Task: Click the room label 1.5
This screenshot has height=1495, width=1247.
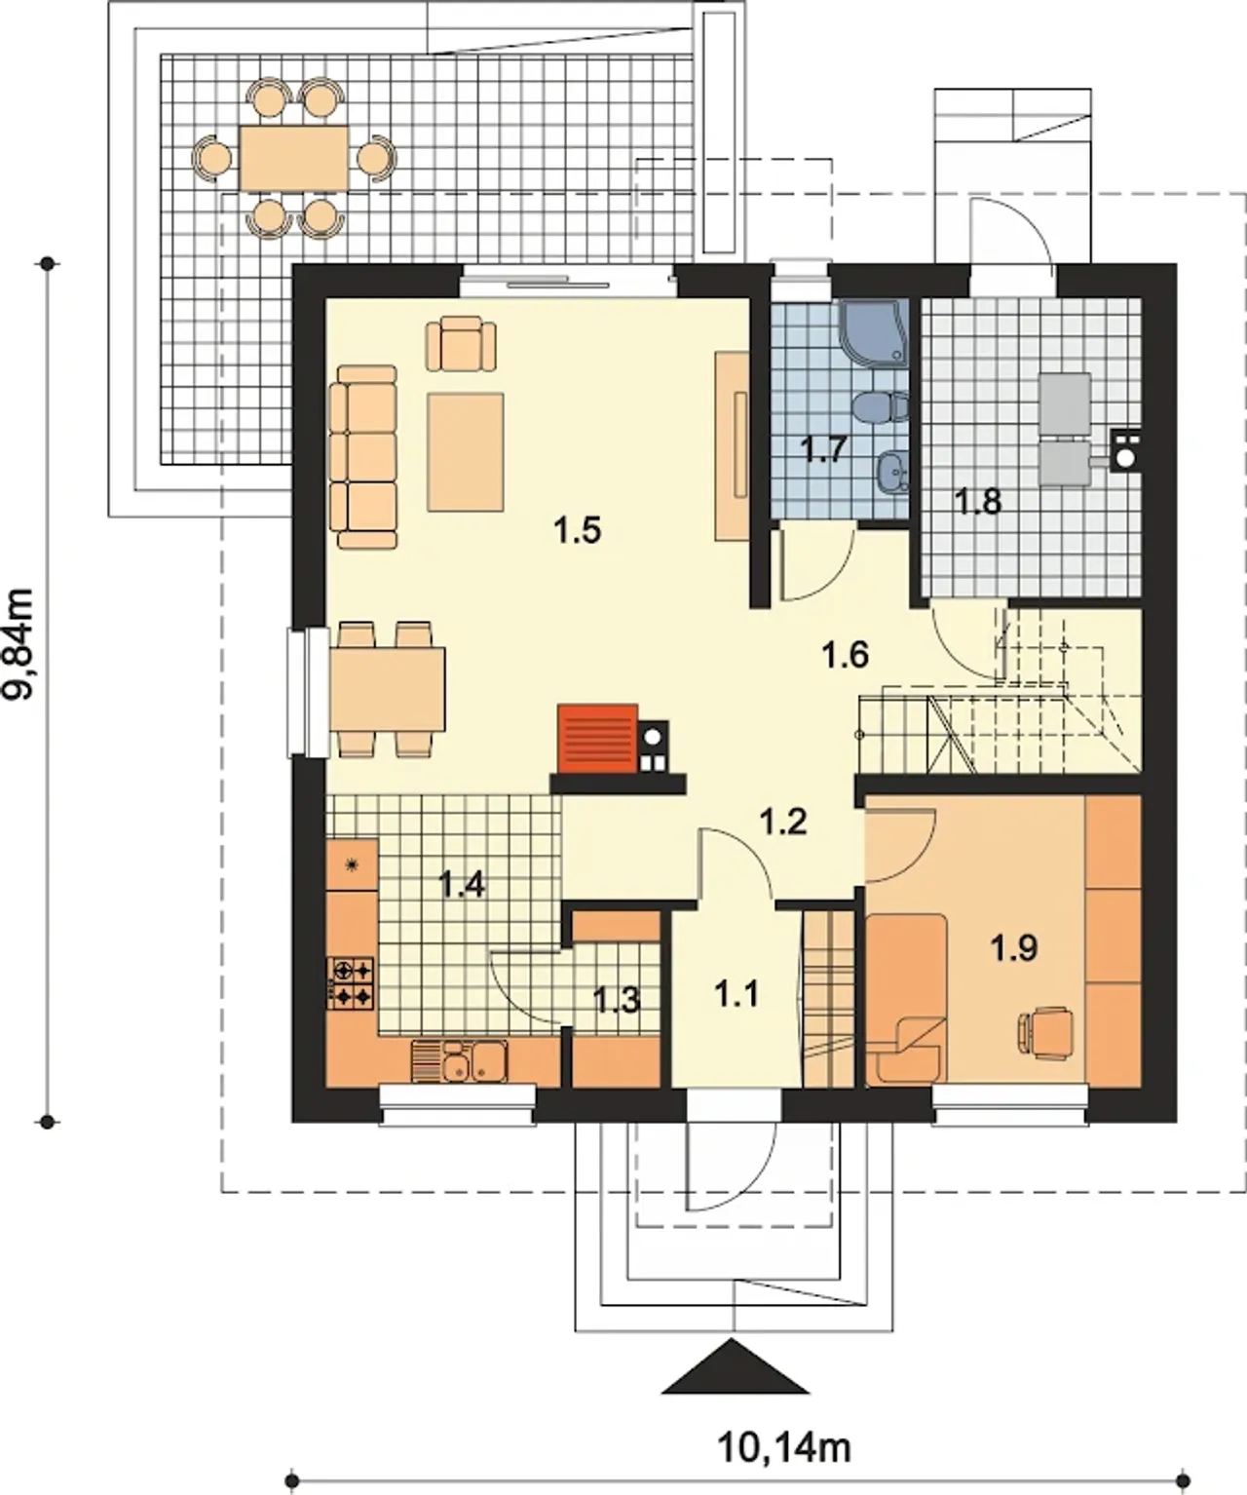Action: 577,531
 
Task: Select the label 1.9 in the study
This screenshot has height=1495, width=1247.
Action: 1013,948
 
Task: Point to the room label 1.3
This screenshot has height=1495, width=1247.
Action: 617,1000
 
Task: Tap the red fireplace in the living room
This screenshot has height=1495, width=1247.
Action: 598,739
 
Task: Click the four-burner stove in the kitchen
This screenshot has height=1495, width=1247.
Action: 352,982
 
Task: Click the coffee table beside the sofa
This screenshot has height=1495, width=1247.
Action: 466,452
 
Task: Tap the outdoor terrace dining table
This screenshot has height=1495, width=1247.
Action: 294,158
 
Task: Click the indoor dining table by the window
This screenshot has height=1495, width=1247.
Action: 388,689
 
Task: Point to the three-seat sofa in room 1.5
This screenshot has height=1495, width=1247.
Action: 363,457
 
